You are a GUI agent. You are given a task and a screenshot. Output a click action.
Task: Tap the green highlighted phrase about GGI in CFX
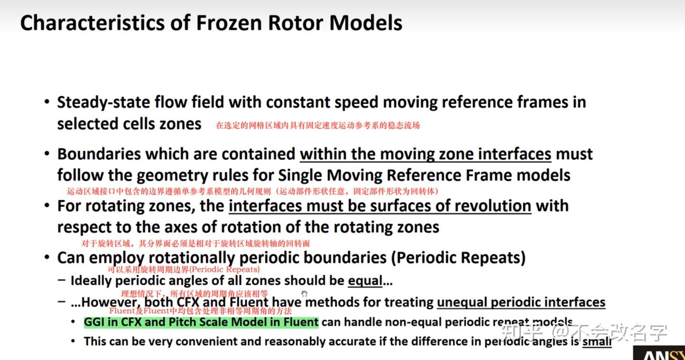(201, 322)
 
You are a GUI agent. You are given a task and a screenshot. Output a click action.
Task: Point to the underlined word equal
(365, 281)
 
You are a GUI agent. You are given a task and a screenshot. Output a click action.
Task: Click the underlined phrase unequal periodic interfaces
(521, 302)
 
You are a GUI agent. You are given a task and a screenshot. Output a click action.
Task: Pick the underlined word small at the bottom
(597, 341)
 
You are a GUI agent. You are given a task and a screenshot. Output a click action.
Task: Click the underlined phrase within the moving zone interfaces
(425, 154)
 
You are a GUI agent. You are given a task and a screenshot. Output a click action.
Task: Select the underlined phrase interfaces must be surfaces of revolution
(380, 206)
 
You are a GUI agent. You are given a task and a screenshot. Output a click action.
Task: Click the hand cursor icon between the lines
(304, 294)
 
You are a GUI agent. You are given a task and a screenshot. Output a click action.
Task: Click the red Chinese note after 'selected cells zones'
(318, 126)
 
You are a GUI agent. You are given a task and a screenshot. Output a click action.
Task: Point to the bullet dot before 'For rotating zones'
(47, 206)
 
